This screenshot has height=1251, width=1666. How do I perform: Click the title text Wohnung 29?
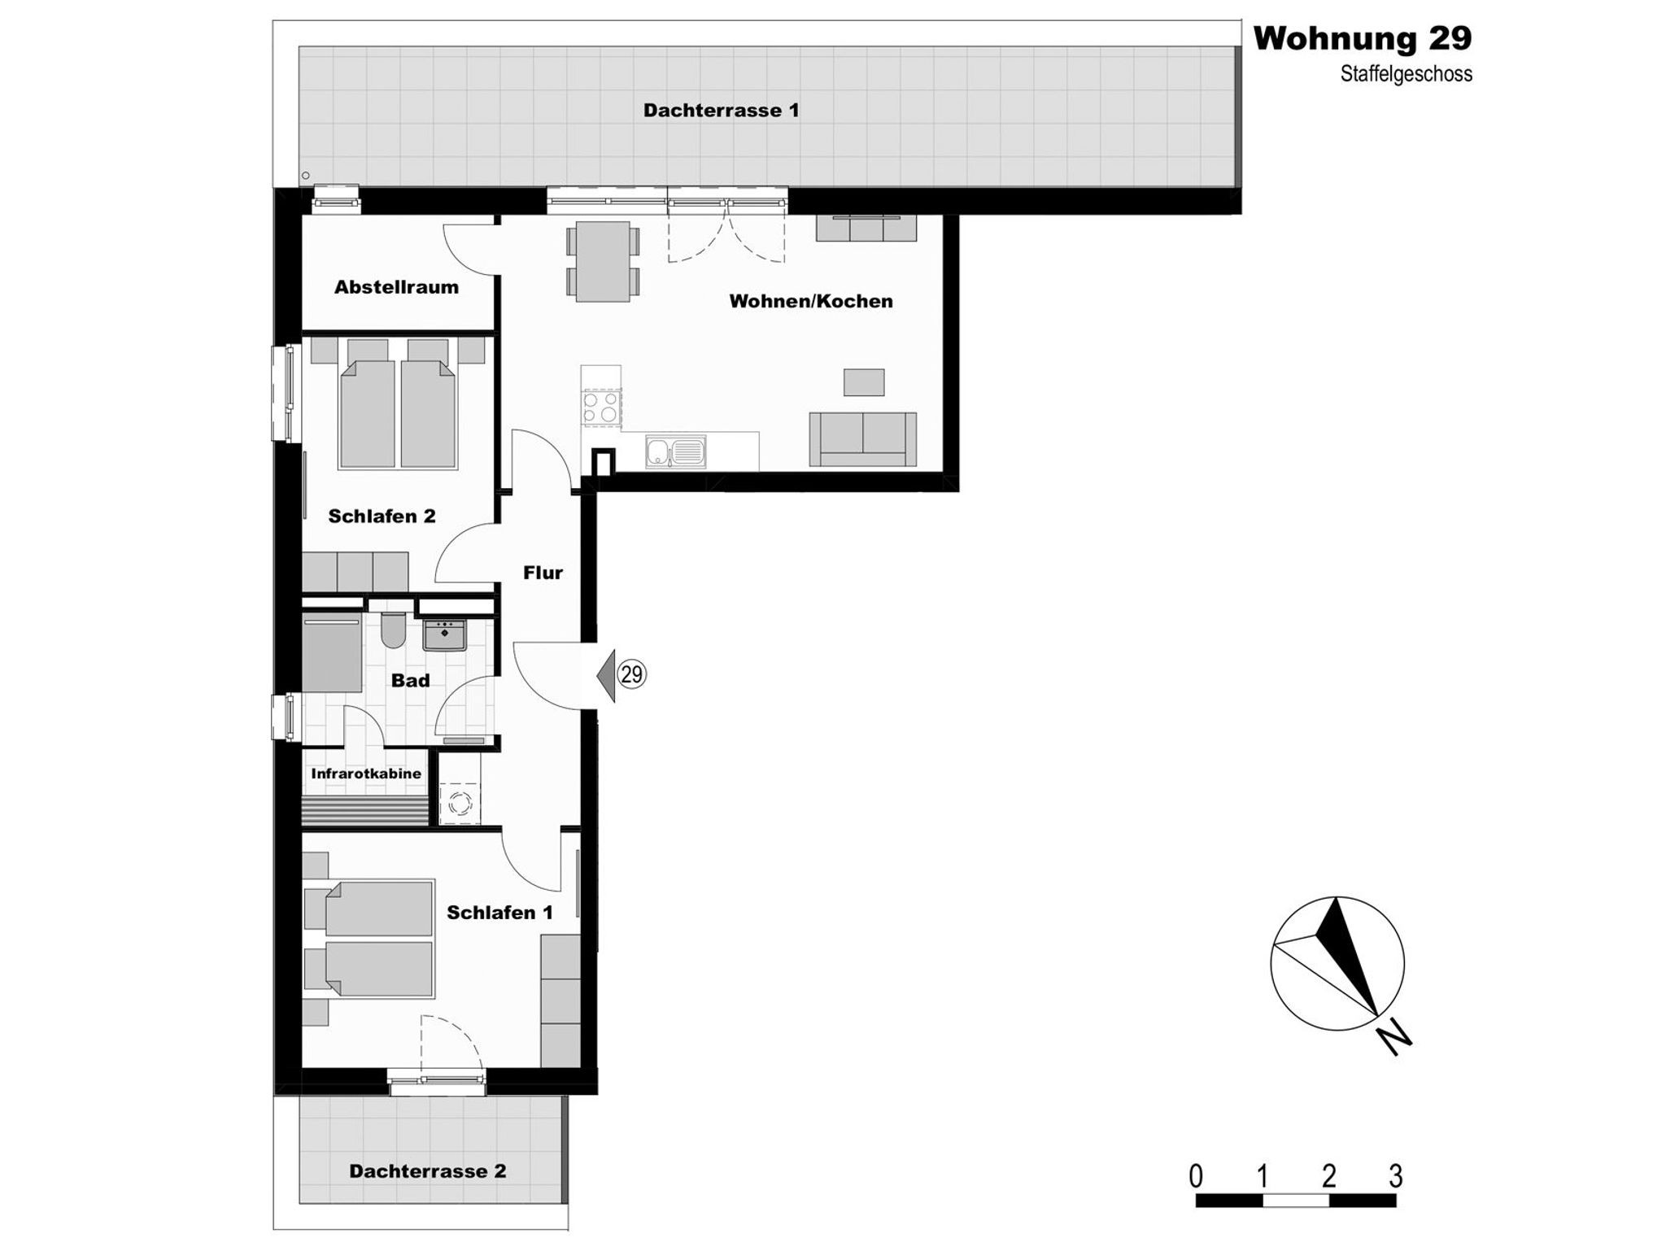pyautogui.click(x=1362, y=38)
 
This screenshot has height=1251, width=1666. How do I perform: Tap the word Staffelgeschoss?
pyautogui.click(x=1407, y=74)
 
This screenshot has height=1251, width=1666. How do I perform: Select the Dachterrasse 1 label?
pyautogui.click(x=721, y=110)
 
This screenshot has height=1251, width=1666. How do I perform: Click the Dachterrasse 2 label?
pyautogui.click(x=427, y=1170)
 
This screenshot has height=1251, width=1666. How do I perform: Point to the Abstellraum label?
pyautogui.click(x=396, y=286)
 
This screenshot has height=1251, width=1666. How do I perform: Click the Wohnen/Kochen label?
pyautogui.click(x=811, y=301)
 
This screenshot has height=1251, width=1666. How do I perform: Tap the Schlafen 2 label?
pyautogui.click(x=382, y=516)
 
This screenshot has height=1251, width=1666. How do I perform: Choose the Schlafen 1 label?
pyautogui.click(x=499, y=913)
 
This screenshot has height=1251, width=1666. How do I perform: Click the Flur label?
pyautogui.click(x=543, y=573)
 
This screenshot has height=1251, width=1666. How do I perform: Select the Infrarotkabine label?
pyautogui.click(x=366, y=774)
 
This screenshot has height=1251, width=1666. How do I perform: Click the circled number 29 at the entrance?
pyautogui.click(x=632, y=674)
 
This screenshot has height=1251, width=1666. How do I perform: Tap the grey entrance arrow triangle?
pyautogui.click(x=605, y=674)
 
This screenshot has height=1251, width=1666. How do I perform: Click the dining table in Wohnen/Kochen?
pyautogui.click(x=603, y=261)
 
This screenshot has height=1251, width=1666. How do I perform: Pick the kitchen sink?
pyautogui.click(x=676, y=451)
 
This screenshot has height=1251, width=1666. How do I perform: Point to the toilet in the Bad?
pyautogui.click(x=393, y=630)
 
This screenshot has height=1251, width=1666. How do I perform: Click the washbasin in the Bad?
pyautogui.click(x=444, y=635)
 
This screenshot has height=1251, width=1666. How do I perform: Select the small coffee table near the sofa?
pyautogui.click(x=863, y=382)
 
